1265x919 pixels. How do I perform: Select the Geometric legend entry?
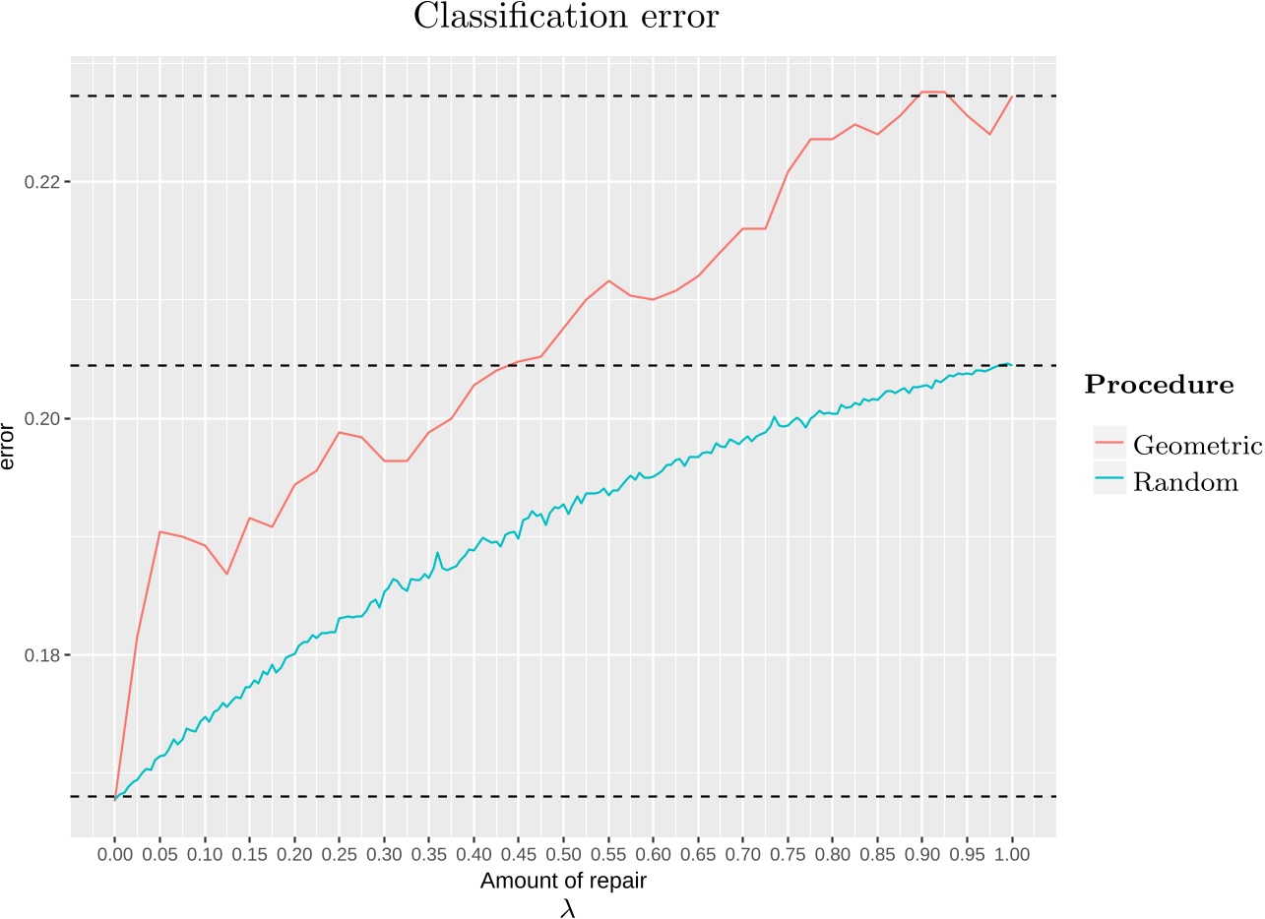coord(1196,446)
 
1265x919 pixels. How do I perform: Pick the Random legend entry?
coord(1185,482)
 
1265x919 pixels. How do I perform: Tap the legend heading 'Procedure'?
coord(1159,386)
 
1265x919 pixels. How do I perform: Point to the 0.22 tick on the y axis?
coord(44,182)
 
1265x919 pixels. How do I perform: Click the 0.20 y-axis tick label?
coord(44,419)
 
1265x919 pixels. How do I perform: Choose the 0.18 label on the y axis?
coord(44,655)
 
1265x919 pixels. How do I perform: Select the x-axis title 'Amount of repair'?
coord(562,882)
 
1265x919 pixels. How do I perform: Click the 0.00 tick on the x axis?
coord(115,854)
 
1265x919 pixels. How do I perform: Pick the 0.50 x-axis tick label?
coord(563,854)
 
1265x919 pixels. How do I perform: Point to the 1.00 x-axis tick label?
coord(1012,854)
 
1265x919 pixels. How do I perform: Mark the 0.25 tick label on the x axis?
coord(339,854)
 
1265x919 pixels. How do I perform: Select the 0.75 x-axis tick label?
coord(788,854)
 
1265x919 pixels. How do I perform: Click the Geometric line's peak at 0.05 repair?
coord(159,531)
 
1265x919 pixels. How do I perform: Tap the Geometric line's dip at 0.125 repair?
coord(227,574)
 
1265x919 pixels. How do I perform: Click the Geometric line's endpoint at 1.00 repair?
coord(1012,95)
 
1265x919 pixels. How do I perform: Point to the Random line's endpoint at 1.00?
coord(1011,365)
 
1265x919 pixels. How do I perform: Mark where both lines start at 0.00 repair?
coord(115,798)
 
